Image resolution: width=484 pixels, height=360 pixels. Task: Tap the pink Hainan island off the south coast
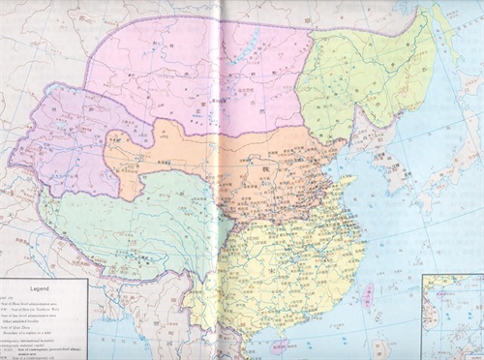pos(278,345)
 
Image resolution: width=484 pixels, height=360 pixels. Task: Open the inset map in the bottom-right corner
pos(453,315)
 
